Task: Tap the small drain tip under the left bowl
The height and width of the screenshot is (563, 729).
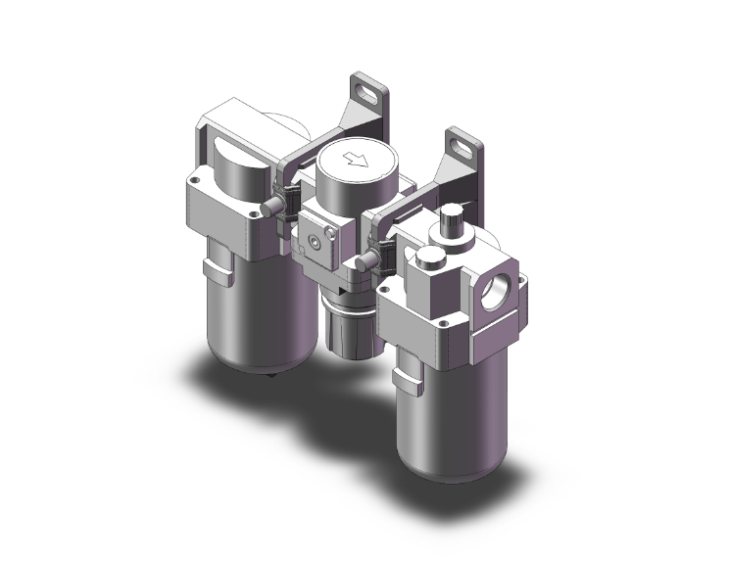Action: coord(269,375)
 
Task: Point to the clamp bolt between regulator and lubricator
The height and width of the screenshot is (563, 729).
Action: coord(363,261)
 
